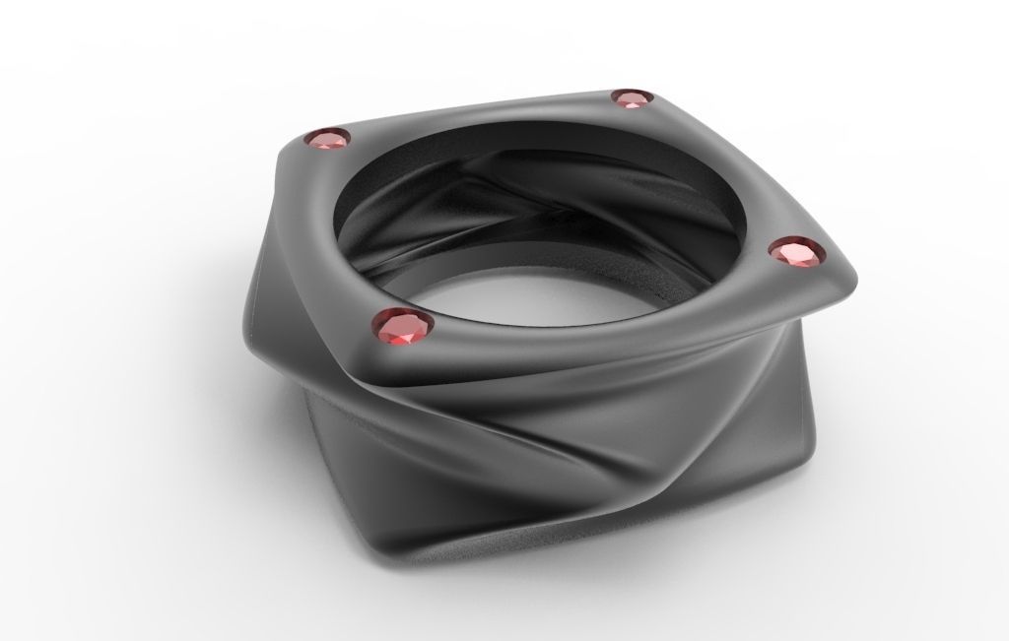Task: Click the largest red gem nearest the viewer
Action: click(402, 329)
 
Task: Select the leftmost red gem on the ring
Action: click(327, 141)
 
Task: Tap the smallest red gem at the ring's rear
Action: click(631, 97)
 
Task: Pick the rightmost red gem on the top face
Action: click(797, 253)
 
